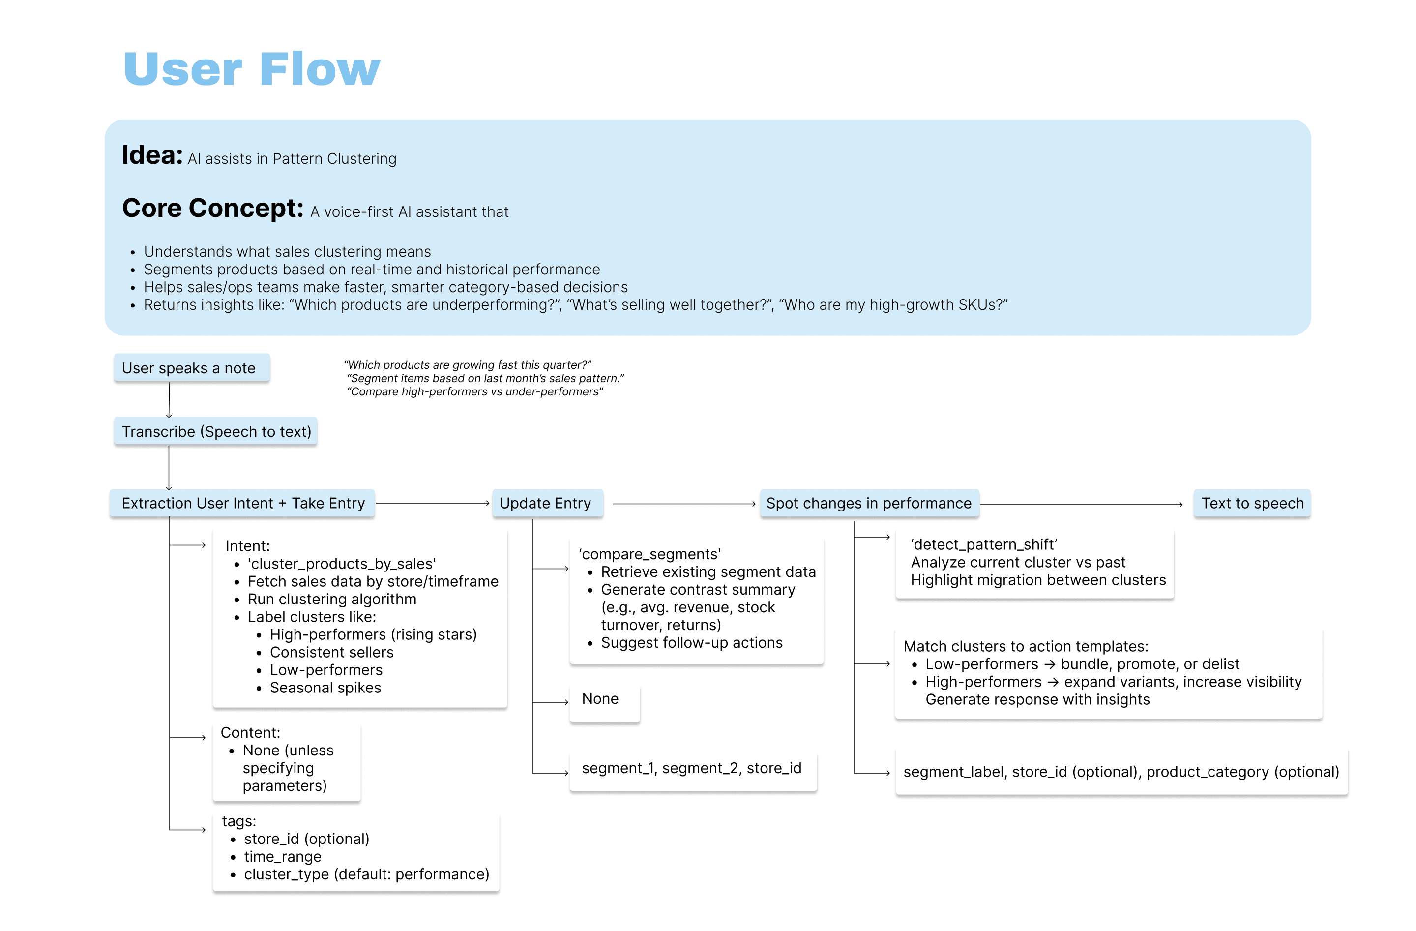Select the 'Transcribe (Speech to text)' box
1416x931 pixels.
click(x=216, y=432)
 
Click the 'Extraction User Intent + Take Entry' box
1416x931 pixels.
click(x=242, y=504)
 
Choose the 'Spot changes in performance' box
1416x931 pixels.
click(x=869, y=504)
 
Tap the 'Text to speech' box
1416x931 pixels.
click(x=1252, y=504)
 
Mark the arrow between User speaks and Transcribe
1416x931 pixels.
click(x=170, y=399)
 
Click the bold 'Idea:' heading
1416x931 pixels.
click(x=152, y=155)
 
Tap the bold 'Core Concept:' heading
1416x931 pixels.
click(x=212, y=209)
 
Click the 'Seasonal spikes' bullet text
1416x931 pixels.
click(x=325, y=688)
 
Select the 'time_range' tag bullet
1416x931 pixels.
click(x=283, y=857)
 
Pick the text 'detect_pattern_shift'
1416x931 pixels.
click(x=984, y=544)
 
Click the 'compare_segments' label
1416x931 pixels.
click(x=649, y=554)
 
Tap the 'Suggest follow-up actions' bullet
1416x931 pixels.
click(x=691, y=643)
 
